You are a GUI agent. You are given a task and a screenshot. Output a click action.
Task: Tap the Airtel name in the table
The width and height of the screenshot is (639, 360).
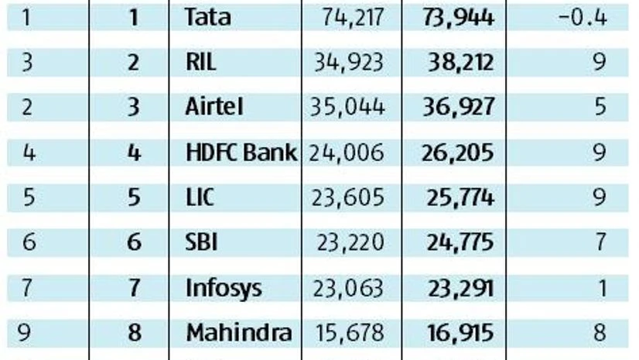[214, 108]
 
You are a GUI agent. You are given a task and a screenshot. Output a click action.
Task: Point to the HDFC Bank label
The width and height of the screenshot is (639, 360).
[241, 153]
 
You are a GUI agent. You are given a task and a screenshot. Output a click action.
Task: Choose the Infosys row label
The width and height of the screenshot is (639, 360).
[224, 289]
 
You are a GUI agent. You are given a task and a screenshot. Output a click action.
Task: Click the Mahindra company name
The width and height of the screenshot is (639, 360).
[239, 334]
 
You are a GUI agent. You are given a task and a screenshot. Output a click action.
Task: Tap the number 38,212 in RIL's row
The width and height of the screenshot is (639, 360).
[458, 63]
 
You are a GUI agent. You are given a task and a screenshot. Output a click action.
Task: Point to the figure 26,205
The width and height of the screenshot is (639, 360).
[458, 153]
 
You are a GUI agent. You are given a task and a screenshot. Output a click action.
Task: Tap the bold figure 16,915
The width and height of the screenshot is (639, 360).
[458, 334]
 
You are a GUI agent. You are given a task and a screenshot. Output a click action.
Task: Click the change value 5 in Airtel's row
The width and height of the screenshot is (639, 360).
[600, 108]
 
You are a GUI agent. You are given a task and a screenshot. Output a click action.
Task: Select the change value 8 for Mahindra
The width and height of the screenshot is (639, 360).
[600, 334]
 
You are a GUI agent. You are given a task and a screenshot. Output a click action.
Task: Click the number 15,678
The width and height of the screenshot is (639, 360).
[350, 334]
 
